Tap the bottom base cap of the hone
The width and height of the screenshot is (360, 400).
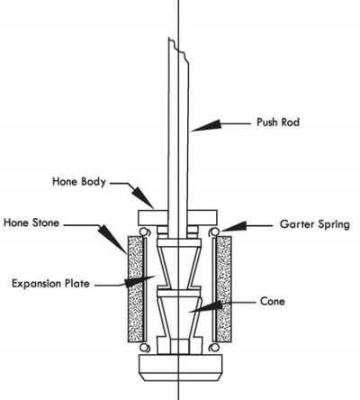(x=179, y=367)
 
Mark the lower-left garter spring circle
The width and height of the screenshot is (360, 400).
(x=146, y=345)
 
